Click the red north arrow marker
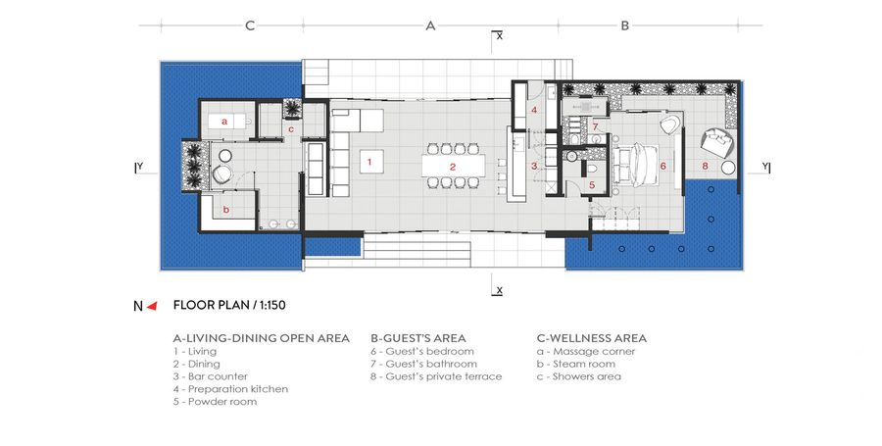(151, 306)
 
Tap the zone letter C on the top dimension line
(250, 25)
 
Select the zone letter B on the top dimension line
(624, 25)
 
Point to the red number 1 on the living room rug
(369, 162)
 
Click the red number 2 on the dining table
(452, 167)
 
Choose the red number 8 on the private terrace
(705, 166)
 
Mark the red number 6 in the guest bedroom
(663, 166)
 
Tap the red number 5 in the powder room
(592, 184)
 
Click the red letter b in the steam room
(226, 210)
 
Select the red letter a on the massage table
(223, 121)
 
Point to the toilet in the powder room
(591, 168)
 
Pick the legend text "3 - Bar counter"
(211, 376)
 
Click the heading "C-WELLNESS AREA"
(592, 338)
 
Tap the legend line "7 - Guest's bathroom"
(423, 364)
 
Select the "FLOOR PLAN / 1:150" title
(229, 306)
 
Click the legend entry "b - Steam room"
(576, 364)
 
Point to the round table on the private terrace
(728, 168)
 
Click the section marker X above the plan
(498, 36)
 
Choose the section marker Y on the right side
(765, 167)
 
